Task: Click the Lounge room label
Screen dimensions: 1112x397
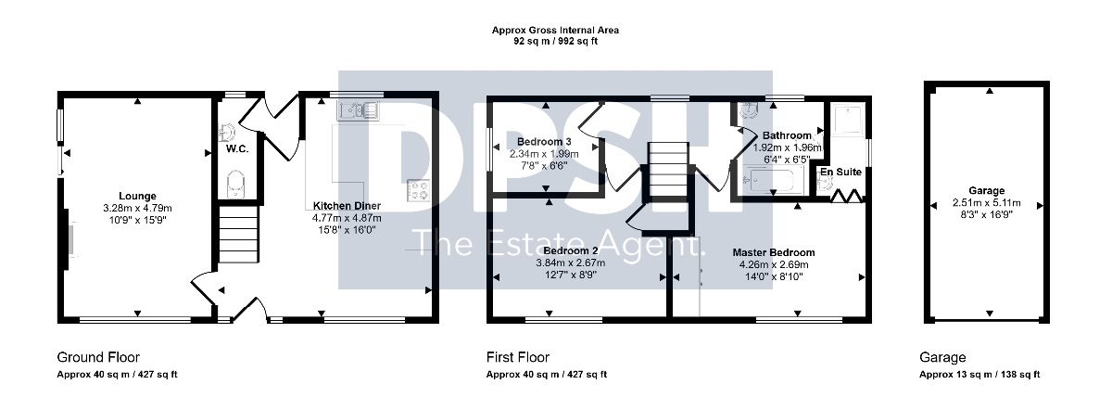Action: coord(137,196)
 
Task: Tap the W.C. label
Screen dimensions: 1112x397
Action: coord(237,149)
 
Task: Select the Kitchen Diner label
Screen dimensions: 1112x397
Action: coord(347,206)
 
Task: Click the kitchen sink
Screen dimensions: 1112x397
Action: coord(359,110)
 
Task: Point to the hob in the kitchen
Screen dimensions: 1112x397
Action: coord(418,190)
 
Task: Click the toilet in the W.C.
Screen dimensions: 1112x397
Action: coord(235,185)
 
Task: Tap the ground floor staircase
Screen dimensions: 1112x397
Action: coord(239,235)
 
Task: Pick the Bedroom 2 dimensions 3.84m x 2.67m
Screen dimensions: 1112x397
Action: coord(571,263)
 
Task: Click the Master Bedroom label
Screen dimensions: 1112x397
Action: coord(774,252)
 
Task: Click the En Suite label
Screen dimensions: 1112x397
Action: coord(840,172)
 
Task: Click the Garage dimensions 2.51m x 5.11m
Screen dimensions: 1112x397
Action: coord(987,203)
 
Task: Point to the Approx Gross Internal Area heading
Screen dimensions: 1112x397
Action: coord(555,31)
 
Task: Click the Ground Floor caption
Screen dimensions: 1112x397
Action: coord(98,357)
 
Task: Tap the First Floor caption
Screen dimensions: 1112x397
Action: coord(518,357)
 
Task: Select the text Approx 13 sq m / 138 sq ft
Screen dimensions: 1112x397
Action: coord(979,375)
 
